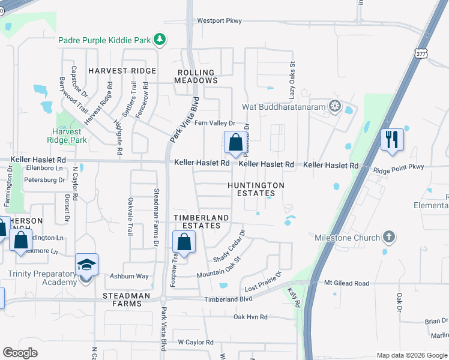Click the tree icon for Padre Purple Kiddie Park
point(159,40)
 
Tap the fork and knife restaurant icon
point(391,140)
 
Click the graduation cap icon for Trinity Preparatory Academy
point(86,264)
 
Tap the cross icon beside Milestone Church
point(389,237)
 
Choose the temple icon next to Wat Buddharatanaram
point(334,107)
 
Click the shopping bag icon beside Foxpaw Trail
point(184,242)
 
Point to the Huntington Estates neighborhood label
point(256,190)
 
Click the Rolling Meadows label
point(196,76)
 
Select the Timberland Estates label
point(201,221)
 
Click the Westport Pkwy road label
point(220,21)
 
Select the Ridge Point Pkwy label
point(398,167)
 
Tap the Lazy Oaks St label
point(292,79)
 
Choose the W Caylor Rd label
point(195,342)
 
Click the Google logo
point(20,353)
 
